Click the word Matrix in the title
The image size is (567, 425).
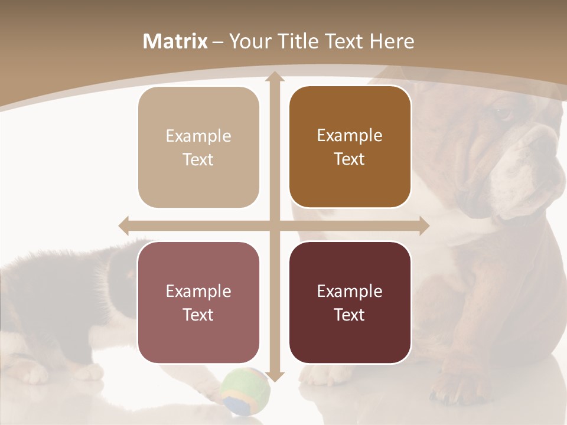coord(175,42)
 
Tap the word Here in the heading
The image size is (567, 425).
coord(392,42)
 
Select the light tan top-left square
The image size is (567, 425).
coord(198,148)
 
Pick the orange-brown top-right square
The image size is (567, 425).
coord(350,147)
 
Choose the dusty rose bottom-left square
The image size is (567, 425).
coord(198,302)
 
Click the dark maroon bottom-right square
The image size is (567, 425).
coord(350,302)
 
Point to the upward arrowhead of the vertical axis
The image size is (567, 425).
coord(274,77)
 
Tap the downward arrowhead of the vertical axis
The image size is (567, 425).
coord(274,375)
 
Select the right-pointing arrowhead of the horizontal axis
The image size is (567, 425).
coord(424,225)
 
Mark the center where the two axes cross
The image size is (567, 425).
coord(274,225)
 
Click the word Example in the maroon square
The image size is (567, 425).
coord(350,291)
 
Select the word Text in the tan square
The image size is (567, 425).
coord(198,160)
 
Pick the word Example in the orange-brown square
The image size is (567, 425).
coord(350,135)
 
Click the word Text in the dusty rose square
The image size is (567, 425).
coord(198,315)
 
